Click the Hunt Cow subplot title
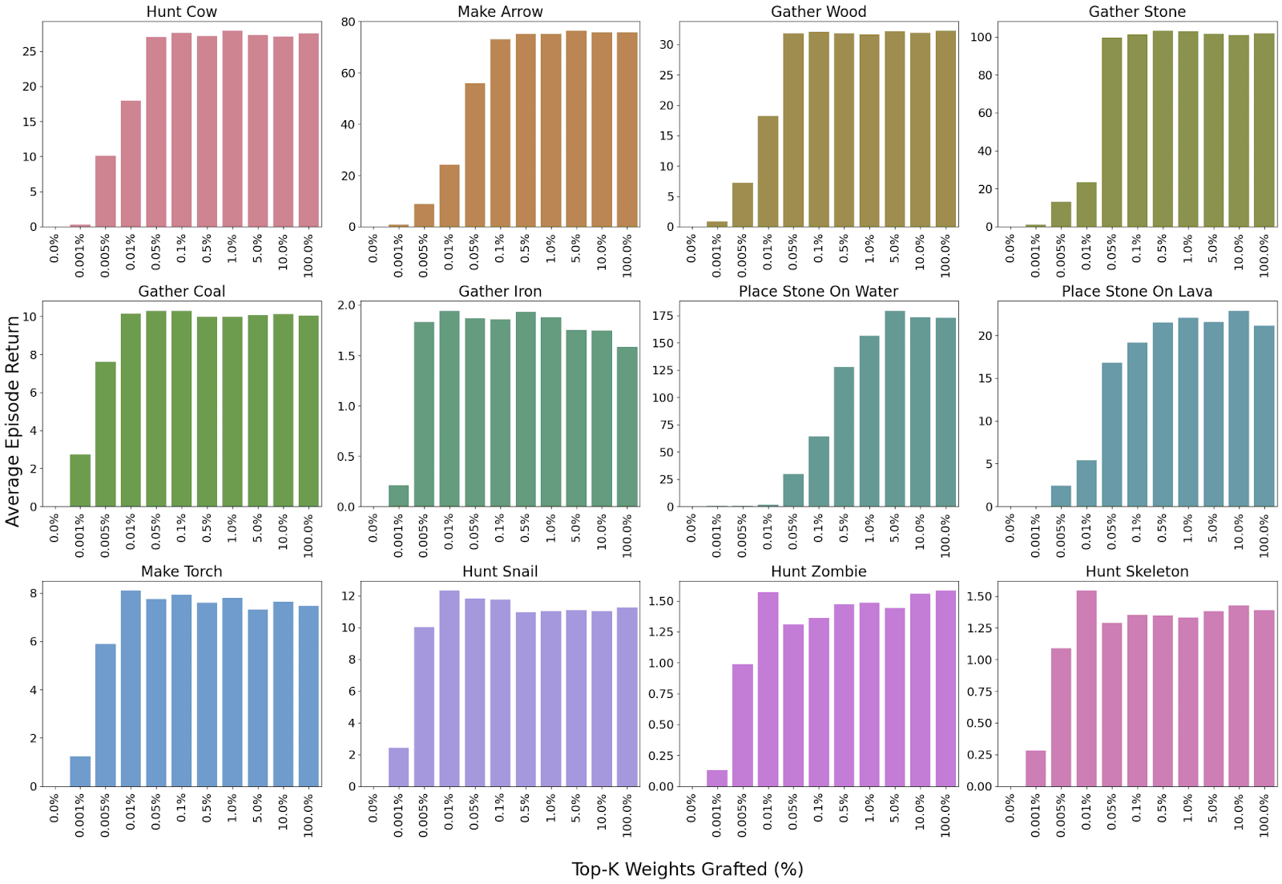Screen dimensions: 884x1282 [x=181, y=11]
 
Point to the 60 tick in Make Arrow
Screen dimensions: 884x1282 [x=348, y=73]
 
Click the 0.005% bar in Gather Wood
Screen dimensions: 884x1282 [x=742, y=204]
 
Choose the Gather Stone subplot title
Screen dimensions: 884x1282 [x=1136, y=11]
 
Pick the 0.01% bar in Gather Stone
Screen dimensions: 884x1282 [x=1086, y=204]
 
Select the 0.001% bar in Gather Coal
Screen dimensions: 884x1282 [x=80, y=480]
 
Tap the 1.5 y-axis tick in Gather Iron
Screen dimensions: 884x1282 [x=346, y=355]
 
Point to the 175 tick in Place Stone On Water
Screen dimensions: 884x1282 [x=663, y=316]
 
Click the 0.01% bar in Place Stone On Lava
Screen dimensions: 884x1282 [x=1086, y=483]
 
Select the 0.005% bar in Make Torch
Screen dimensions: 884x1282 [x=105, y=715]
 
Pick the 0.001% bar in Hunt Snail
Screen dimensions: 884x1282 [x=398, y=767]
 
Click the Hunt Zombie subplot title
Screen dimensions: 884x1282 [x=818, y=571]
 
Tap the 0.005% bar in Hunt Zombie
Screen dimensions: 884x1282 [x=742, y=725]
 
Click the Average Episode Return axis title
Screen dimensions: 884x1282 [x=12, y=421]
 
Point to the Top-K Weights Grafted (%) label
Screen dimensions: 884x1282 [x=687, y=869]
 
